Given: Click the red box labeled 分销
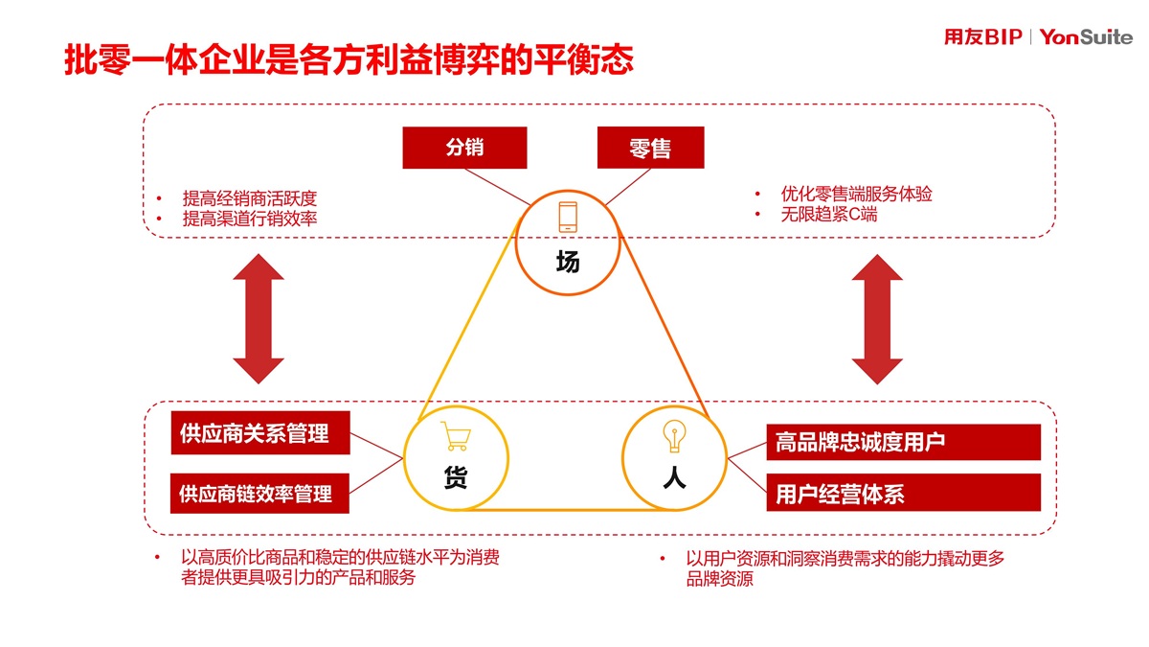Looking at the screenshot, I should point(464,148).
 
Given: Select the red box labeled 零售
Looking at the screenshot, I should point(650,148).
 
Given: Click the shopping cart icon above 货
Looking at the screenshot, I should point(455,437).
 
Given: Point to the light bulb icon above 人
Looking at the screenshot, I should point(673,436).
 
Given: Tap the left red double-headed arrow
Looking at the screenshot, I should point(259,318).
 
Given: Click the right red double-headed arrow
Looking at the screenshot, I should point(877,318).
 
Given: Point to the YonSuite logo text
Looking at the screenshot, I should point(1085,37).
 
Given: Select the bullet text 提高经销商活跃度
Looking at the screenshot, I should point(249,198).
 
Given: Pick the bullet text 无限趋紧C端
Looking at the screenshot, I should point(828,215).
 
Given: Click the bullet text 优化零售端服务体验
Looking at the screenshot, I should point(856,194).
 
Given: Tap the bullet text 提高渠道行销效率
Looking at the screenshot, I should point(249,219).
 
